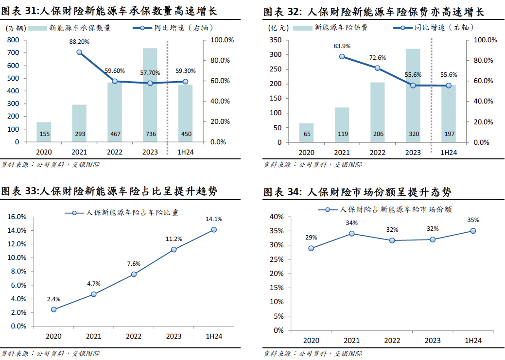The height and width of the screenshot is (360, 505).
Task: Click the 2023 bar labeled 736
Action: coord(150,95)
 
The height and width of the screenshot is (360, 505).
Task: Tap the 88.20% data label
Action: coord(79,42)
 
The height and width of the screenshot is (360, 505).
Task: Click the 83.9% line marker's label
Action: coord(342,46)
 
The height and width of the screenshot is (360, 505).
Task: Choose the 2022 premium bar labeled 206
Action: coord(377,112)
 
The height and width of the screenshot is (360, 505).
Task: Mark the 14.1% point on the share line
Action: coord(214,230)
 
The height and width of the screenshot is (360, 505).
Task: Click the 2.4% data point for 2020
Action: coord(53,309)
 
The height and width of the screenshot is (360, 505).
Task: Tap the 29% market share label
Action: coord(311,238)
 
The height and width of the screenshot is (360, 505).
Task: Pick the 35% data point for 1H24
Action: coord(472,231)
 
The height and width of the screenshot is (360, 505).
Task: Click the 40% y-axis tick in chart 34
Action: coord(277,216)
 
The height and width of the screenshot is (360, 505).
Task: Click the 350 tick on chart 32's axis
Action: coord(275,40)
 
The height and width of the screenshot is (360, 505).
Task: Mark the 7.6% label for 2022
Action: coord(134,264)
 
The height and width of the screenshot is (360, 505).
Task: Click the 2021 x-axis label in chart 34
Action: coord(351,341)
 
